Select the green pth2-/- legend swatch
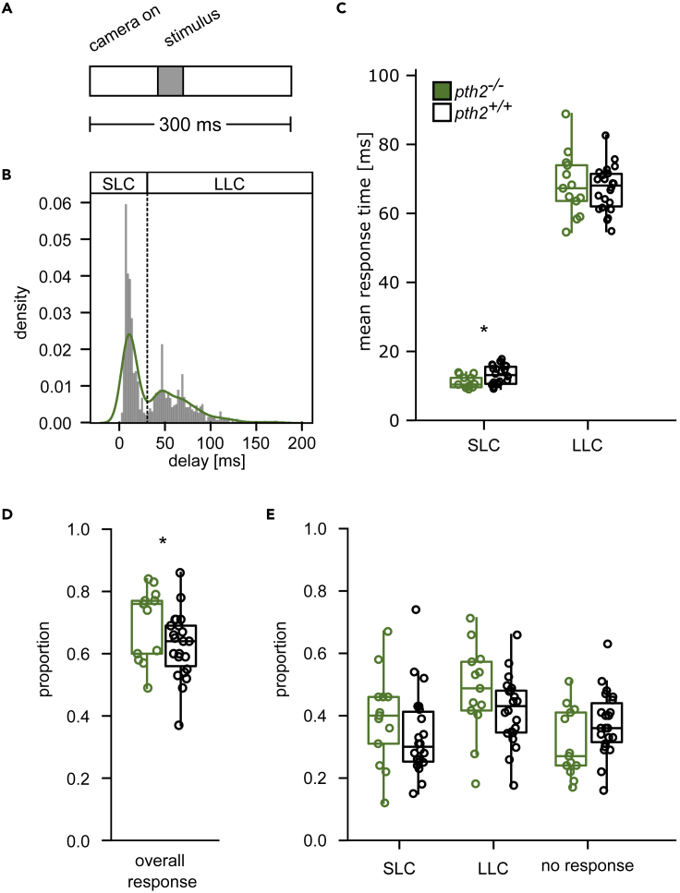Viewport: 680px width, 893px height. coord(442,91)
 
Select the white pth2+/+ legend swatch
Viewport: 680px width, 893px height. coord(442,112)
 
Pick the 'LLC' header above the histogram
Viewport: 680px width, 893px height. coord(231,182)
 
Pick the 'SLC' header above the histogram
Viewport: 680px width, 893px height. coord(118,182)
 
